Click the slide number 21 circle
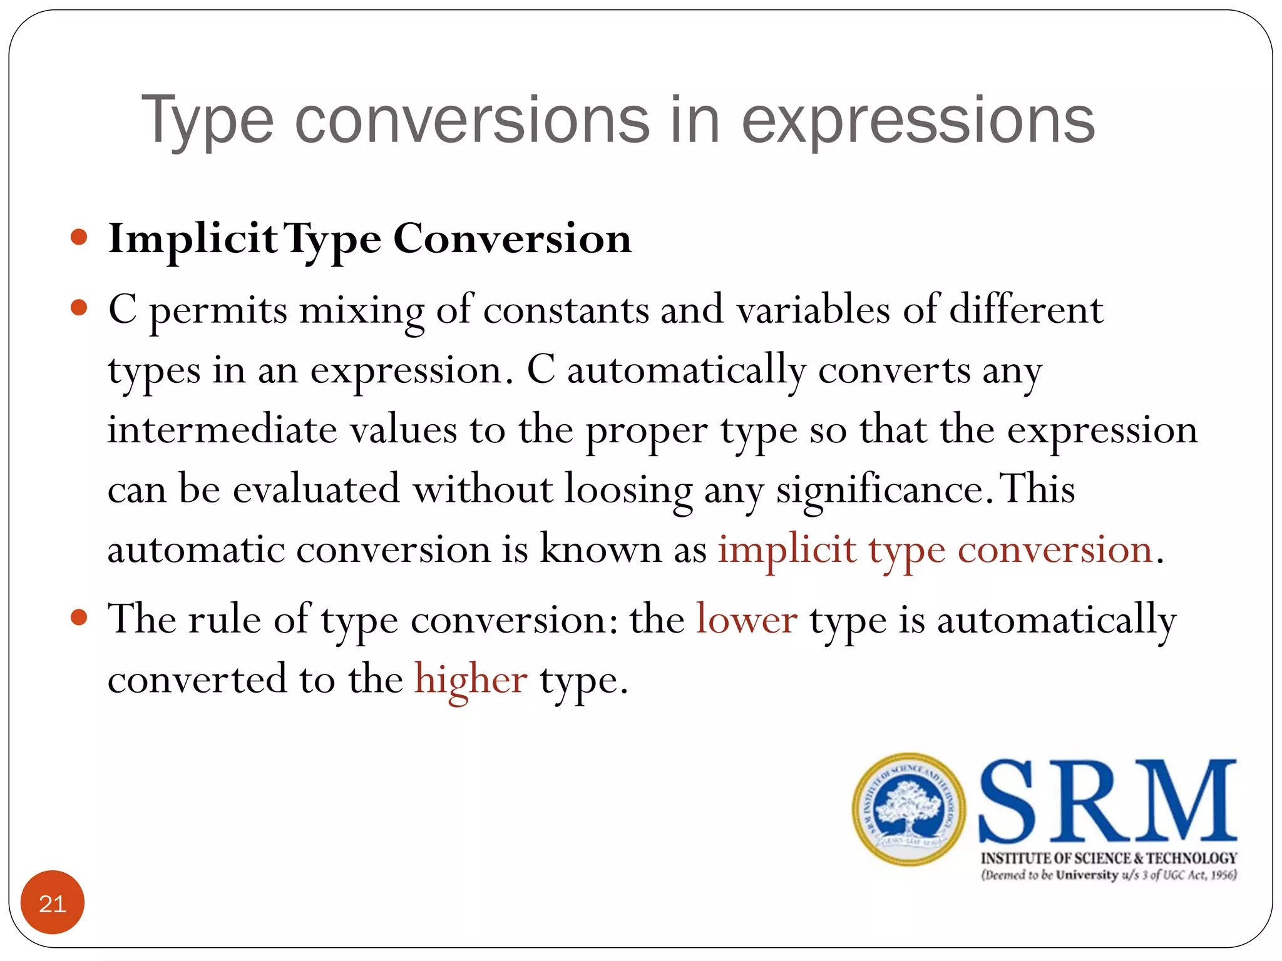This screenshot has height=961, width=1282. pos(53,903)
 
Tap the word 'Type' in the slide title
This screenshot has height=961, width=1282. pos(207,121)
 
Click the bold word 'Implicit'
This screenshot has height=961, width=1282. pos(193,240)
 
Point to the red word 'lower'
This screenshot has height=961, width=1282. pos(747,619)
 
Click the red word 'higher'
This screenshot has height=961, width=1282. pos(471,680)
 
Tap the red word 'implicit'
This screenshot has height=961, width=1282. pos(787,550)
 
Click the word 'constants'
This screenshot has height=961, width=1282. pos(566,310)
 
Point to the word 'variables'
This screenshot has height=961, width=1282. pos(813,310)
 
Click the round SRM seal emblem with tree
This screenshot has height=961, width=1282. pos(908,809)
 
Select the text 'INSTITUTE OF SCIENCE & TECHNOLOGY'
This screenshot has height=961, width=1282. pos(1109,858)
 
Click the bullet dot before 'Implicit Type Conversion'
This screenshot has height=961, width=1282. pos(79,238)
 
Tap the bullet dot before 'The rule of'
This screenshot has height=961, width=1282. pos(79,618)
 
